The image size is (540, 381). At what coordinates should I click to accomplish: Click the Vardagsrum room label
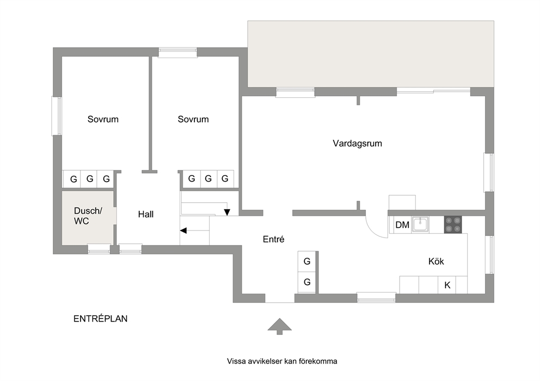coord(357,143)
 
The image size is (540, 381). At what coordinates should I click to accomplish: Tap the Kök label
coord(436,261)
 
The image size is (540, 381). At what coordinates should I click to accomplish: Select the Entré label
coord(273,239)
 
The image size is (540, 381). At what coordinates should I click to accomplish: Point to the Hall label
coord(146,214)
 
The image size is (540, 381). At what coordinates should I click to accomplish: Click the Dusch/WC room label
coord(88,216)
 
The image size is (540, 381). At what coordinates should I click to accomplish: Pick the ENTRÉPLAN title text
coord(100,318)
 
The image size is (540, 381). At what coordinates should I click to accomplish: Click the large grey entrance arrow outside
coord(280,326)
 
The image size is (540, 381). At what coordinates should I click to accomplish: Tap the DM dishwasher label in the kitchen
coord(402,225)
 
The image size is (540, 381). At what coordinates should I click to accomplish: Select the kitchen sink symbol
coord(420,224)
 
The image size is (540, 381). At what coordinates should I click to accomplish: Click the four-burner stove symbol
coord(453,225)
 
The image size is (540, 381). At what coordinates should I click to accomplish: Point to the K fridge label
coord(447,285)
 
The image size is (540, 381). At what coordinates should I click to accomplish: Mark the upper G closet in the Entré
coord(307,261)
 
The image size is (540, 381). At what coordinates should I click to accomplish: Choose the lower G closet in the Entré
coord(307,282)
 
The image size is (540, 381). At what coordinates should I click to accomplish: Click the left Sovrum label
coord(103,120)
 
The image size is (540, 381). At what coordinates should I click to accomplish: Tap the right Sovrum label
coord(193,120)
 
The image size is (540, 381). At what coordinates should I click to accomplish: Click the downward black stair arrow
coord(227,212)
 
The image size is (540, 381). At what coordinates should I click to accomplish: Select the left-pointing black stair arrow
coord(183,230)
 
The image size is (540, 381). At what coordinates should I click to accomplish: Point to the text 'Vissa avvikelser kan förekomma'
coord(282,361)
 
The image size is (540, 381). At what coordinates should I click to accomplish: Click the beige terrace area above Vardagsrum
coord(371,54)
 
